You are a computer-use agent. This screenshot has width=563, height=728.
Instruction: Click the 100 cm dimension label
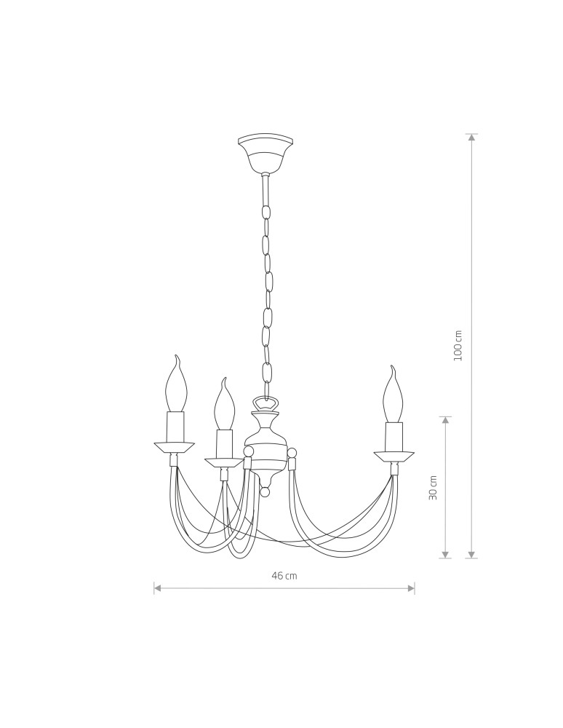[458, 345]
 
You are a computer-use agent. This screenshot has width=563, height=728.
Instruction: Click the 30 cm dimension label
[434, 488]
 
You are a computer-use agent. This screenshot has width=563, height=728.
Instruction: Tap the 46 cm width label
[284, 576]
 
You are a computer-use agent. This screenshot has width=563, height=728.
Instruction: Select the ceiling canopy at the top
[265, 151]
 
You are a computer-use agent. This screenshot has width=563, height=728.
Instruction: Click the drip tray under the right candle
[394, 456]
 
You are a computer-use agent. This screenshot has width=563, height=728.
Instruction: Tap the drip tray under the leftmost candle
[175, 446]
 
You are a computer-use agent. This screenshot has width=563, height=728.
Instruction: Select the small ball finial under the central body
[265, 492]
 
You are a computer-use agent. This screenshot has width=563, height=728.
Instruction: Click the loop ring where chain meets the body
[265, 403]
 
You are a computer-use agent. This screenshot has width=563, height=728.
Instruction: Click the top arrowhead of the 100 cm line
[472, 138]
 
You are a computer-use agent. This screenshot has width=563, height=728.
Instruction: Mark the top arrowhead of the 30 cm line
[446, 421]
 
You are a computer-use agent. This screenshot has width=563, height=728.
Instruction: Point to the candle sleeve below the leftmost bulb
[175, 427]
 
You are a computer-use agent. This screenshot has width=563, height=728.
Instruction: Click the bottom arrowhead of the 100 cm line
[472, 555]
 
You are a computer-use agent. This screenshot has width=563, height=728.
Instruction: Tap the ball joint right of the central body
[292, 453]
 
